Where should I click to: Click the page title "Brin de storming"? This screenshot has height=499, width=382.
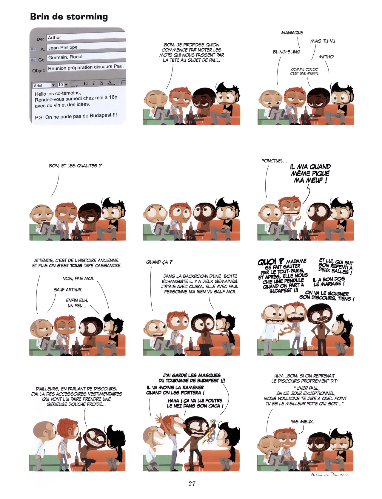tap(69, 16)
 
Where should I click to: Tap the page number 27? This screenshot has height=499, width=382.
tap(192, 483)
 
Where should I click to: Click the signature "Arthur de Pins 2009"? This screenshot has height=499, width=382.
tap(329, 474)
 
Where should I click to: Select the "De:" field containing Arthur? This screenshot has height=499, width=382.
tap(86, 37)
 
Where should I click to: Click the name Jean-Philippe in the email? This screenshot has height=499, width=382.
tap(63, 48)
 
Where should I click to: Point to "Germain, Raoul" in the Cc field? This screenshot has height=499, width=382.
tap(65, 57)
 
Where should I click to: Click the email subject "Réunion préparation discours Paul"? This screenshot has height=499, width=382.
tap(86, 67)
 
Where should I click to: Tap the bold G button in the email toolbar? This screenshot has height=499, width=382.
tap(86, 83)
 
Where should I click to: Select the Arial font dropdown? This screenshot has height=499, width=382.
tap(44, 85)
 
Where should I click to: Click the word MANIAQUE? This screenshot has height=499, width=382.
tap(292, 33)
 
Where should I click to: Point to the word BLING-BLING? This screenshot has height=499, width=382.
tap(286, 52)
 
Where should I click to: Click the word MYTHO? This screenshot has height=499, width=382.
tap(326, 56)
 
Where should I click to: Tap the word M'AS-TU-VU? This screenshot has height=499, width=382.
tap(323, 41)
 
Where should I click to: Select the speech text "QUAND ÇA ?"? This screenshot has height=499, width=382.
tap(159, 262)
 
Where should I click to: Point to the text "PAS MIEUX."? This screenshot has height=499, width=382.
tap(302, 422)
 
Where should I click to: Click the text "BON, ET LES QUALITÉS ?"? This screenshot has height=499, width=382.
tap(75, 166)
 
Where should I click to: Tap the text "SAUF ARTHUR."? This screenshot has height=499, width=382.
tap(68, 290)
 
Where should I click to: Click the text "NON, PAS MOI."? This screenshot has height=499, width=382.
tap(78, 278)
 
